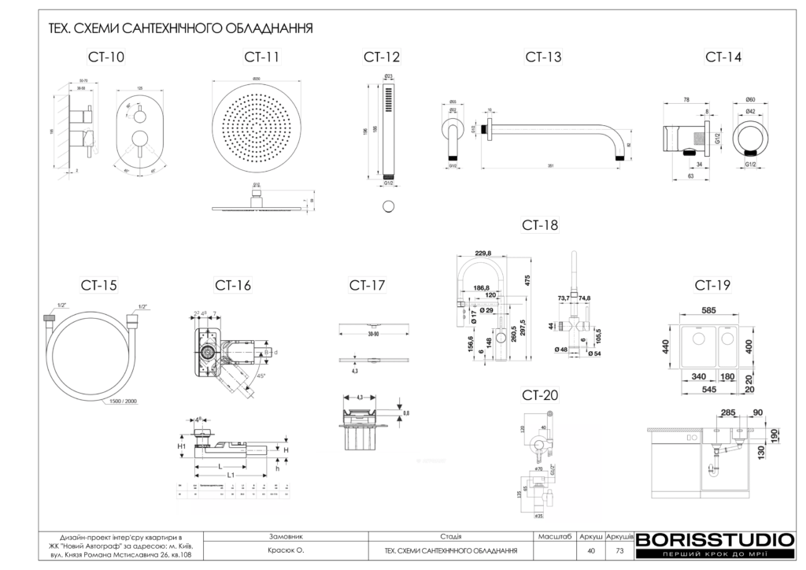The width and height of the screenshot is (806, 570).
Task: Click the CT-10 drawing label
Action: click(x=105, y=57)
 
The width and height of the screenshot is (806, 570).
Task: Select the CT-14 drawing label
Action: click(x=723, y=57)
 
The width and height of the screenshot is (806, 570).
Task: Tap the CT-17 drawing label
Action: click(x=367, y=285)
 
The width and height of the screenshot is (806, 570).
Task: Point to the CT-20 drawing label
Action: click(x=540, y=394)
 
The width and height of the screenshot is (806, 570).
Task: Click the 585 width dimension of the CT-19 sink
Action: click(x=708, y=311)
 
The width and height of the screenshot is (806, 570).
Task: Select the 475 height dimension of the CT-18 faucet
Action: click(x=530, y=281)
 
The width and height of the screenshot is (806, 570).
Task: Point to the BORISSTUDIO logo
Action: click(x=715, y=540)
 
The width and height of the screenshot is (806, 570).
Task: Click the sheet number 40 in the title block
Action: click(x=590, y=550)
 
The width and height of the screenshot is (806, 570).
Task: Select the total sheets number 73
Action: click(x=619, y=550)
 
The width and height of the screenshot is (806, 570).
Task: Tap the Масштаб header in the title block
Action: click(x=554, y=535)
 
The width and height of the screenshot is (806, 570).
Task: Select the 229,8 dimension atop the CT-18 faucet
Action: click(x=483, y=253)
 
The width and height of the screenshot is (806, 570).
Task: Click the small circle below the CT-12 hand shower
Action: click(x=388, y=206)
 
